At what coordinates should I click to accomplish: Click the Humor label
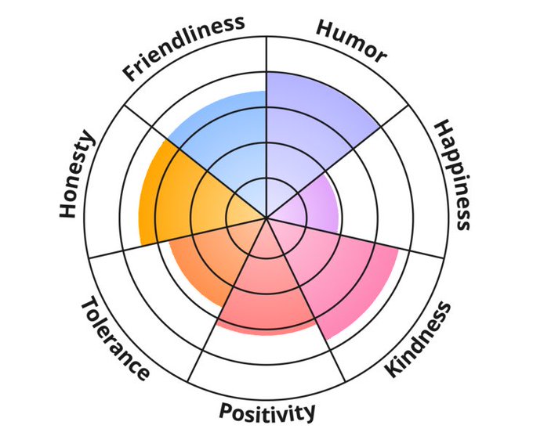click(x=352, y=40)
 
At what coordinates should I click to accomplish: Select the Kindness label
click(x=419, y=340)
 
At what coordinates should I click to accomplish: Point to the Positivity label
click(x=267, y=410)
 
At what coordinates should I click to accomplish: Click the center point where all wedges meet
click(x=266, y=218)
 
